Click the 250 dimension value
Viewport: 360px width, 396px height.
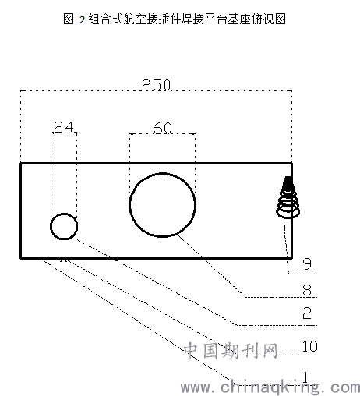(x=156, y=84)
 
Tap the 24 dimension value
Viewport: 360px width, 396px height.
(x=64, y=127)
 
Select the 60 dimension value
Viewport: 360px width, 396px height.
(x=162, y=128)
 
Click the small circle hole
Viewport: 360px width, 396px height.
(x=64, y=214)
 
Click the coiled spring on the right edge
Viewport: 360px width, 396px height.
(x=288, y=197)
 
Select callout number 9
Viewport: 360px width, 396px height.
(x=307, y=263)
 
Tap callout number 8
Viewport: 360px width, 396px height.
(x=307, y=289)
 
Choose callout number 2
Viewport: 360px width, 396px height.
(x=307, y=313)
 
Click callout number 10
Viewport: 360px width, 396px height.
(x=310, y=346)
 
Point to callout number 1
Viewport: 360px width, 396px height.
(x=305, y=377)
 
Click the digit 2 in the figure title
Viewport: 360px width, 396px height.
(x=83, y=19)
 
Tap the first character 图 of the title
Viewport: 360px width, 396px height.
(x=69, y=19)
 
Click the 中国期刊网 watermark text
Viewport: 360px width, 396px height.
(x=231, y=351)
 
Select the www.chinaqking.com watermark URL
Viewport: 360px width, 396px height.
(x=270, y=387)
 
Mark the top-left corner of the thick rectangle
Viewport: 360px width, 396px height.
(x=21, y=164)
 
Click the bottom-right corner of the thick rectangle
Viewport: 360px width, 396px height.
(x=292, y=258)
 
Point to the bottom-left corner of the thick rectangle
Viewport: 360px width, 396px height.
(x=21, y=258)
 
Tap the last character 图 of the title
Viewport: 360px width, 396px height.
(x=281, y=19)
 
